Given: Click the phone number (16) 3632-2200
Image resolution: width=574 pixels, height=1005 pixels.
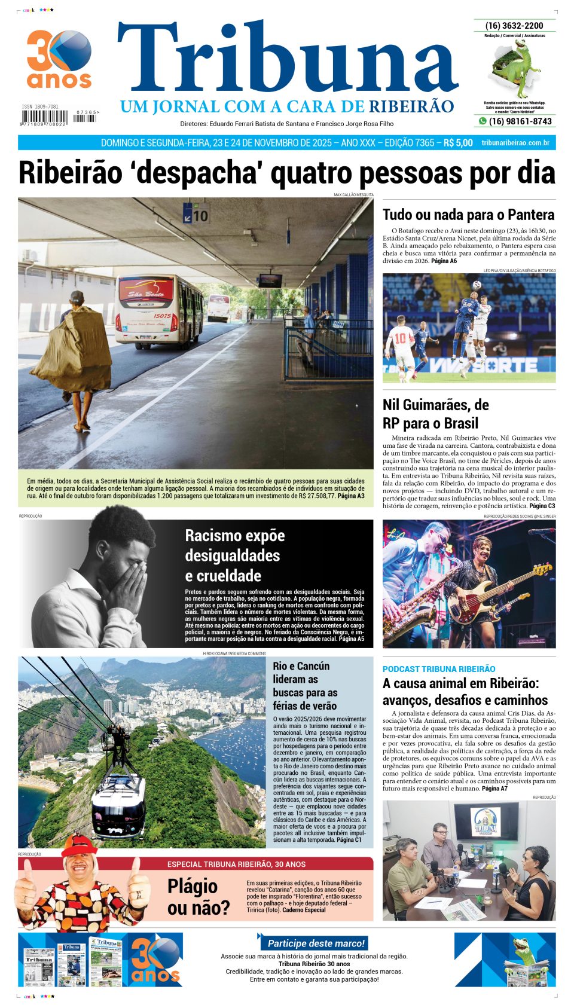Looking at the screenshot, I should [514, 26].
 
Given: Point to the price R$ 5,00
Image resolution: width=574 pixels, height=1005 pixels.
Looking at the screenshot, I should [458, 143].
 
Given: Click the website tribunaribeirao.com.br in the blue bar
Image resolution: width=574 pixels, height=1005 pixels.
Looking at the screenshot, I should [515, 143].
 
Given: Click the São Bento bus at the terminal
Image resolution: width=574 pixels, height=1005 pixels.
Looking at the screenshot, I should [159, 310].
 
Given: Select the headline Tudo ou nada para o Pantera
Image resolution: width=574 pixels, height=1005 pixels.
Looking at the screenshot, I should [468, 215].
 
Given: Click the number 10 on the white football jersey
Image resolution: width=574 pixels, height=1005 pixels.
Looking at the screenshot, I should [401, 338].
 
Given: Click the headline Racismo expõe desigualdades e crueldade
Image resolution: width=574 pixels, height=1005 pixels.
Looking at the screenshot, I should [235, 555].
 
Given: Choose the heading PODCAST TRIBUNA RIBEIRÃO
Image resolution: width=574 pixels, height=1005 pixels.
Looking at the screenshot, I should [439, 669].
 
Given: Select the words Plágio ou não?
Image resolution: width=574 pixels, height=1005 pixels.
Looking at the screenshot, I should [198, 897].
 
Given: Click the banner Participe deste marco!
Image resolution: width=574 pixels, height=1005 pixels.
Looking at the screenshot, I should [316, 943].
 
